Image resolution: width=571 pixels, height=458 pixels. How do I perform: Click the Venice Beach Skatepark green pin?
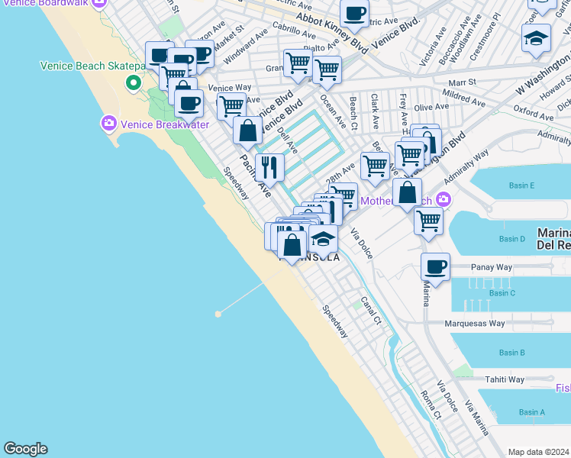click(134, 82)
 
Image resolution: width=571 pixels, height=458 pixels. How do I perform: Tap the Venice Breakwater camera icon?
click(108, 123)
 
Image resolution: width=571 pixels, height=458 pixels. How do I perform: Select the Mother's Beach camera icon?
click(444, 201)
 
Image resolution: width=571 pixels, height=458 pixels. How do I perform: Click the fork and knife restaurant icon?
click(269, 167)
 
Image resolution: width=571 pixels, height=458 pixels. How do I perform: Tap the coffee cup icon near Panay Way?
click(435, 267)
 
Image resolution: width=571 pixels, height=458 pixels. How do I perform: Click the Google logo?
click(25, 449)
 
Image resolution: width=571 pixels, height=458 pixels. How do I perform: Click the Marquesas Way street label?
click(475, 323)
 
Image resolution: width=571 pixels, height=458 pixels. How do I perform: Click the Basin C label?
click(502, 292)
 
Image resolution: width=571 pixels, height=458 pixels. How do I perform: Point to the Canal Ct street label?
click(372, 311)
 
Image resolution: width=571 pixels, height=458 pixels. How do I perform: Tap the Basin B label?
click(511, 353)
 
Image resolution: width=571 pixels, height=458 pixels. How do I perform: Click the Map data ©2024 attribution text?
click(538, 452)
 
